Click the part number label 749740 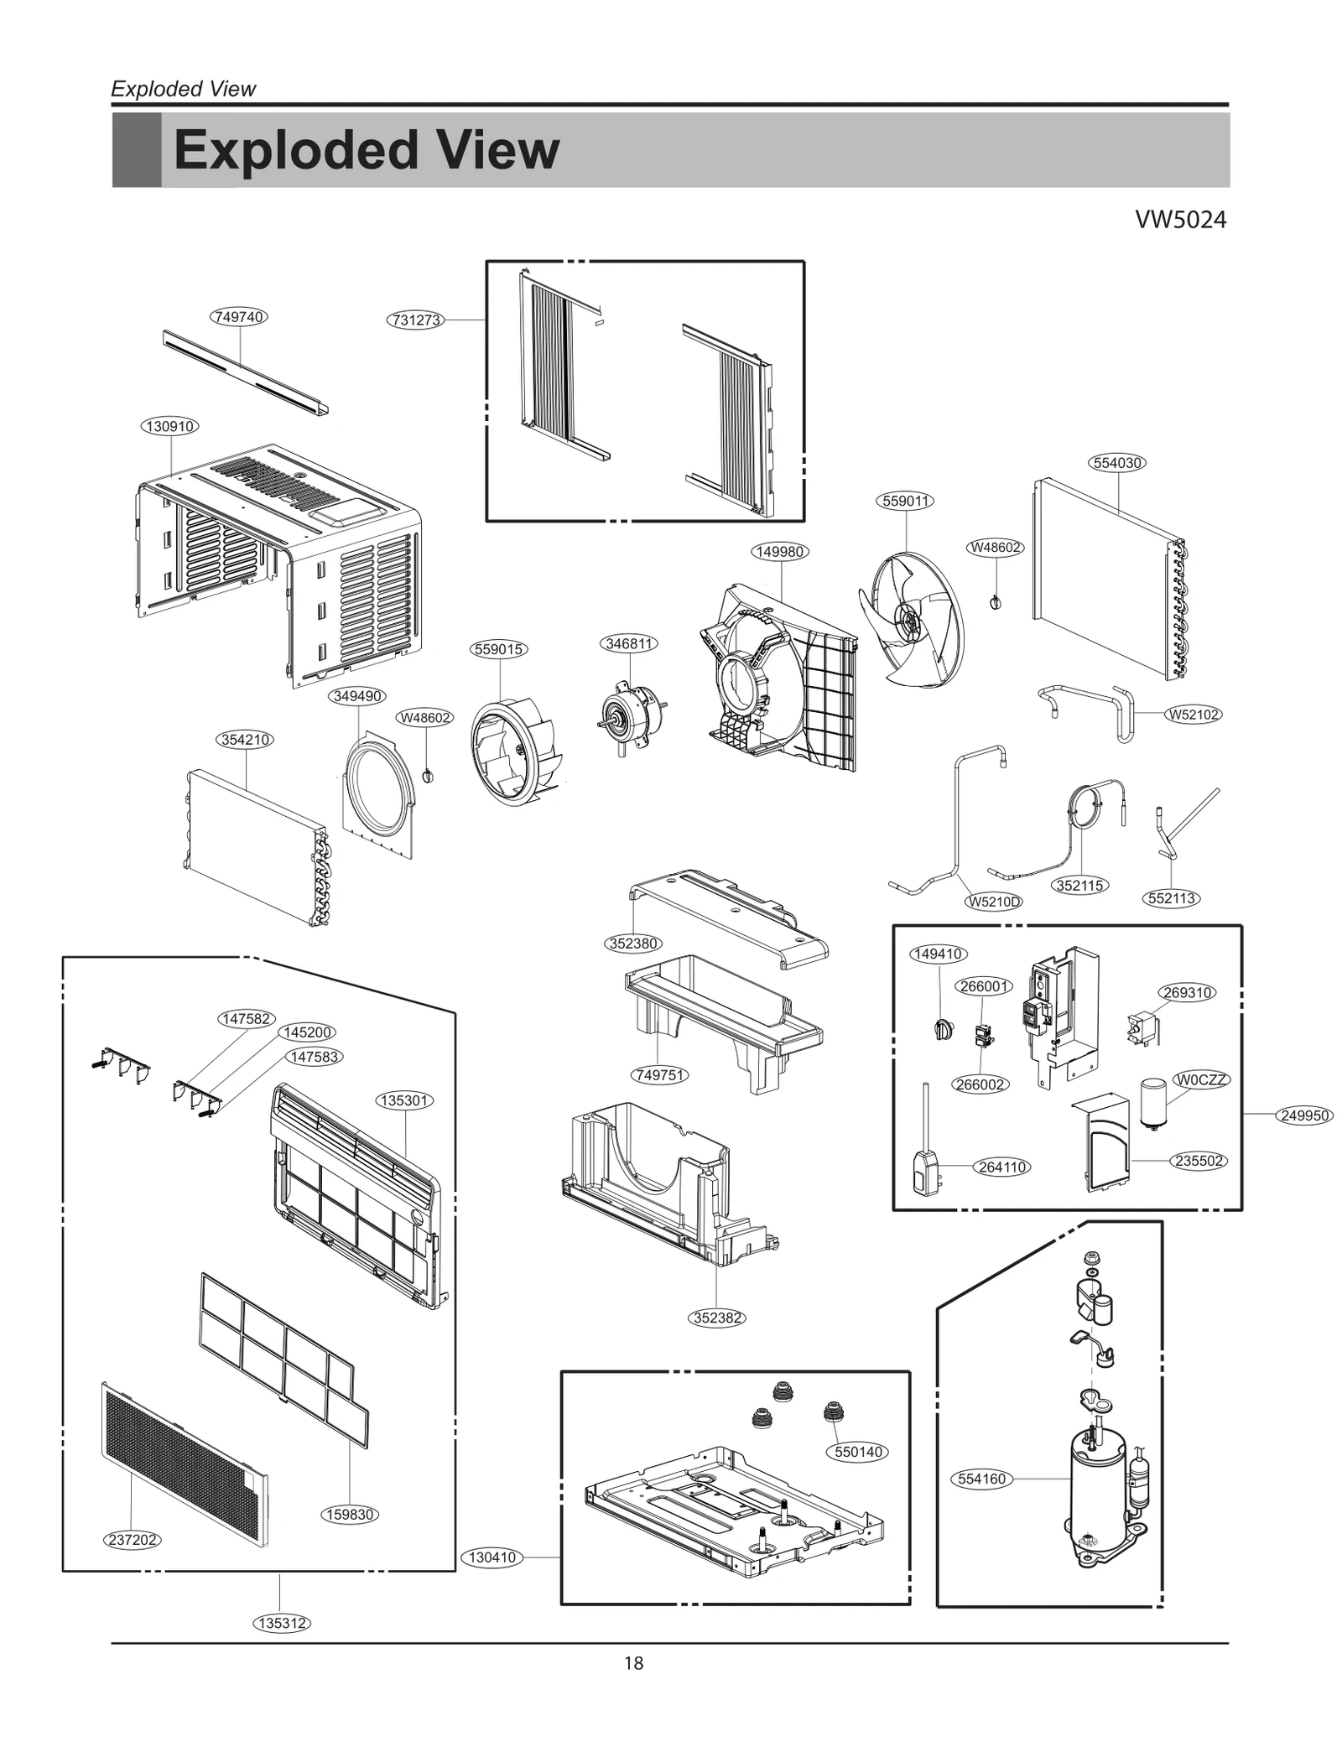pyautogui.click(x=238, y=317)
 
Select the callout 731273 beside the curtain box pyautogui.click(x=416, y=320)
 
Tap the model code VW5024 pyautogui.click(x=1180, y=220)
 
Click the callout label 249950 pyautogui.click(x=1304, y=1115)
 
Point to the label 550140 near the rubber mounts pyautogui.click(x=860, y=1452)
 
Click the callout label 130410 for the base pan pyautogui.click(x=492, y=1557)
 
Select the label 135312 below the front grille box pyautogui.click(x=282, y=1623)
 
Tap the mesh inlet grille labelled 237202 pyautogui.click(x=185, y=1464)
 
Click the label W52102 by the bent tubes pyautogui.click(x=1193, y=715)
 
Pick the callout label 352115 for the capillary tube pyautogui.click(x=1079, y=886)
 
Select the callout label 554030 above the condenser pyautogui.click(x=1118, y=463)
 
